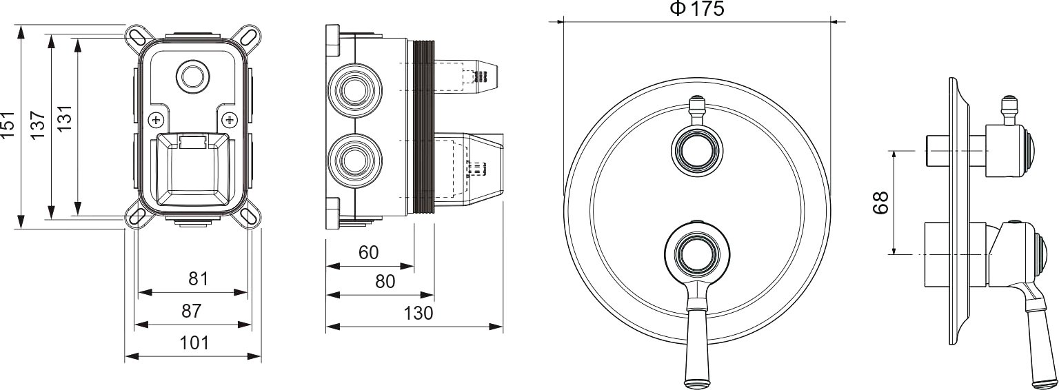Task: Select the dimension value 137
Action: point(38,125)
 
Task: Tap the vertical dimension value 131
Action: point(64,119)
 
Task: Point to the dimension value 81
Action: point(198,279)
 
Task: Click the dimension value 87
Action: point(192,311)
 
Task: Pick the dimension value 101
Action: point(194,342)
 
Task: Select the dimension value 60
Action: point(368,252)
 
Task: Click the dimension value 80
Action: point(385,282)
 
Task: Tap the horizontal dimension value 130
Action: point(418,313)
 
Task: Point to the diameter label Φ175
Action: point(697,8)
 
